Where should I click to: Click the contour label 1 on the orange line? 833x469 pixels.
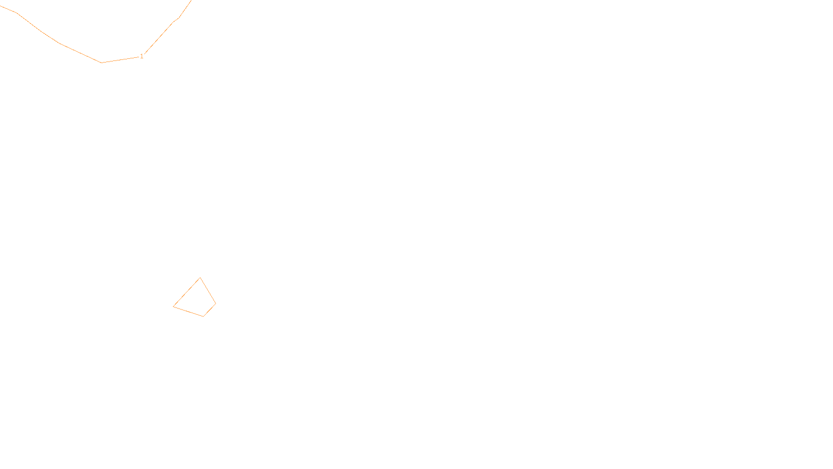[142, 56]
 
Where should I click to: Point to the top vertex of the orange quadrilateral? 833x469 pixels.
[200, 278]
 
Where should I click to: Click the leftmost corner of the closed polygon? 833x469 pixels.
[173, 306]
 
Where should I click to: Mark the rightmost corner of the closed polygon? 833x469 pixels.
[216, 303]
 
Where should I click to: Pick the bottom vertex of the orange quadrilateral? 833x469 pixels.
[203, 316]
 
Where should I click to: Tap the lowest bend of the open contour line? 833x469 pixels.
[102, 63]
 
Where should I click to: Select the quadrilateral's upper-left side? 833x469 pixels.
[186, 292]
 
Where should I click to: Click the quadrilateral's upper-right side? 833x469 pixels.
[208, 290]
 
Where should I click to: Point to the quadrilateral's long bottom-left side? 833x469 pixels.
[188, 311]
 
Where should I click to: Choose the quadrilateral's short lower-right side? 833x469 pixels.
[209, 310]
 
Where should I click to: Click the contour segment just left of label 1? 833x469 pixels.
[121, 59]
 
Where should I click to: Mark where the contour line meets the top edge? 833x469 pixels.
[191, 1]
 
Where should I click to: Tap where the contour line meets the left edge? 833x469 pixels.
[1, 6]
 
